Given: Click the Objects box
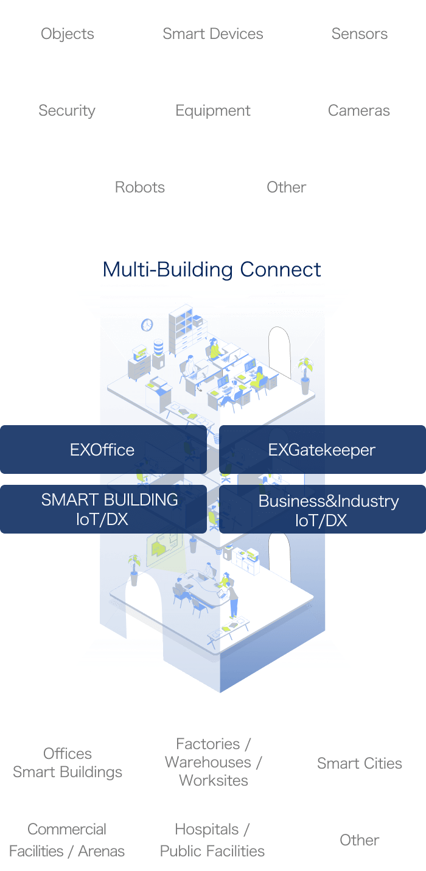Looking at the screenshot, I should point(67,33).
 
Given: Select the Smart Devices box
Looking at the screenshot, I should point(213,33).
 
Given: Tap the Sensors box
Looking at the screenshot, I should point(359,33).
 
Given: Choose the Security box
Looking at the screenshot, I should point(67,110).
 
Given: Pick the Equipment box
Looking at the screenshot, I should point(213,110).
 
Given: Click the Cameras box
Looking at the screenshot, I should point(359,110).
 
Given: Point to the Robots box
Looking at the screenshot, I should point(140,186).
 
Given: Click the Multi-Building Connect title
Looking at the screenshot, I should point(212,269).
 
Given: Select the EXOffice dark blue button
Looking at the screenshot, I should point(102,450).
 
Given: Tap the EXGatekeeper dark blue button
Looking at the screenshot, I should point(323,450).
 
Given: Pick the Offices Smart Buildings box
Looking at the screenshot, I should point(67,762).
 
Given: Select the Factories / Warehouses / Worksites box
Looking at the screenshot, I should point(213,762).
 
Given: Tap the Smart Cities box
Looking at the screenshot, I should point(359,763).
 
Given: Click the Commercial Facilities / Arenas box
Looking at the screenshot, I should point(67,839).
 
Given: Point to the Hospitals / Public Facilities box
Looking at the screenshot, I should point(213,839).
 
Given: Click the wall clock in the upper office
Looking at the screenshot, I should point(147,325).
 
